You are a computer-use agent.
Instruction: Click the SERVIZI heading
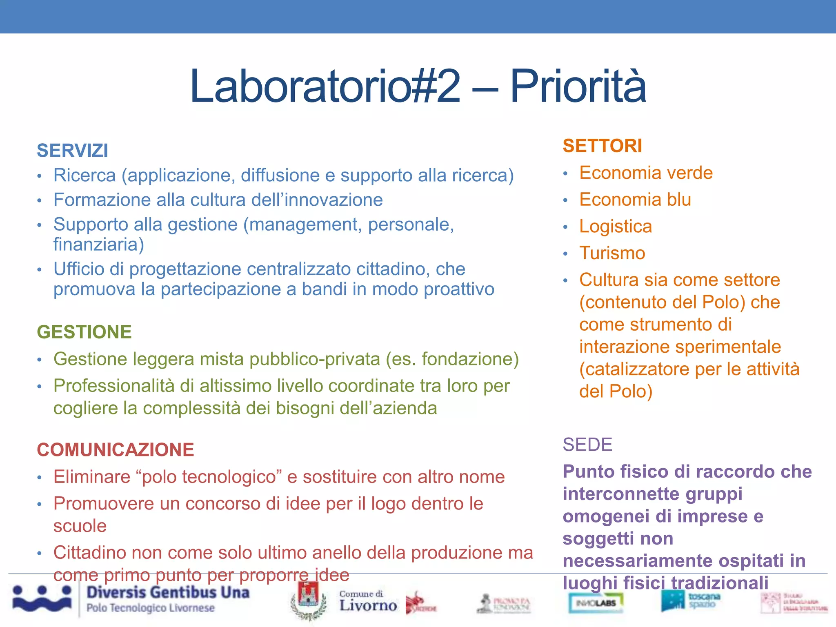click(73, 151)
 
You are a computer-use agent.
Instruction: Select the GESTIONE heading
click(84, 332)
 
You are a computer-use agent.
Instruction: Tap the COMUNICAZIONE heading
click(116, 450)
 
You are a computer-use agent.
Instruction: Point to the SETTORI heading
click(603, 146)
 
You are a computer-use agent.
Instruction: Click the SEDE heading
click(587, 445)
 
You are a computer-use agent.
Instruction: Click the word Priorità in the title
click(578, 86)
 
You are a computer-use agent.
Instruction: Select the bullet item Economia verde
click(646, 173)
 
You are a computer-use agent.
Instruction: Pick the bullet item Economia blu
click(635, 200)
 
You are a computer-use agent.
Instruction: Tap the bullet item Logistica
click(616, 227)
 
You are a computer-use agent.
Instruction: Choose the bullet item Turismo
click(612, 253)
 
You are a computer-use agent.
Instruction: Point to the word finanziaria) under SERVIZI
click(99, 245)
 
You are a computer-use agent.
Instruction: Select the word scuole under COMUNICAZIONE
click(80, 526)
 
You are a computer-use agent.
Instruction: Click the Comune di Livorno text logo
click(367, 601)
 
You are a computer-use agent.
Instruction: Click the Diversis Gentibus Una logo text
click(167, 593)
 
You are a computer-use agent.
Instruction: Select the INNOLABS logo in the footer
click(596, 603)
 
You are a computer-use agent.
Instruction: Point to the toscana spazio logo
click(691, 600)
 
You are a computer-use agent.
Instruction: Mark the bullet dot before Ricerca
click(40, 176)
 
